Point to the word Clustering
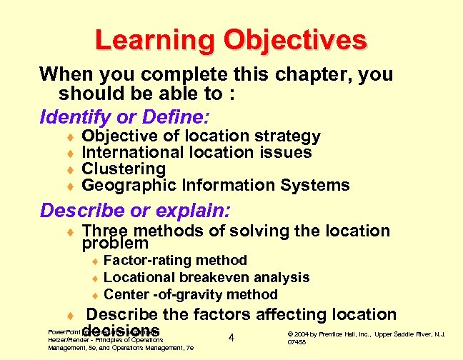[x=124, y=169]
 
